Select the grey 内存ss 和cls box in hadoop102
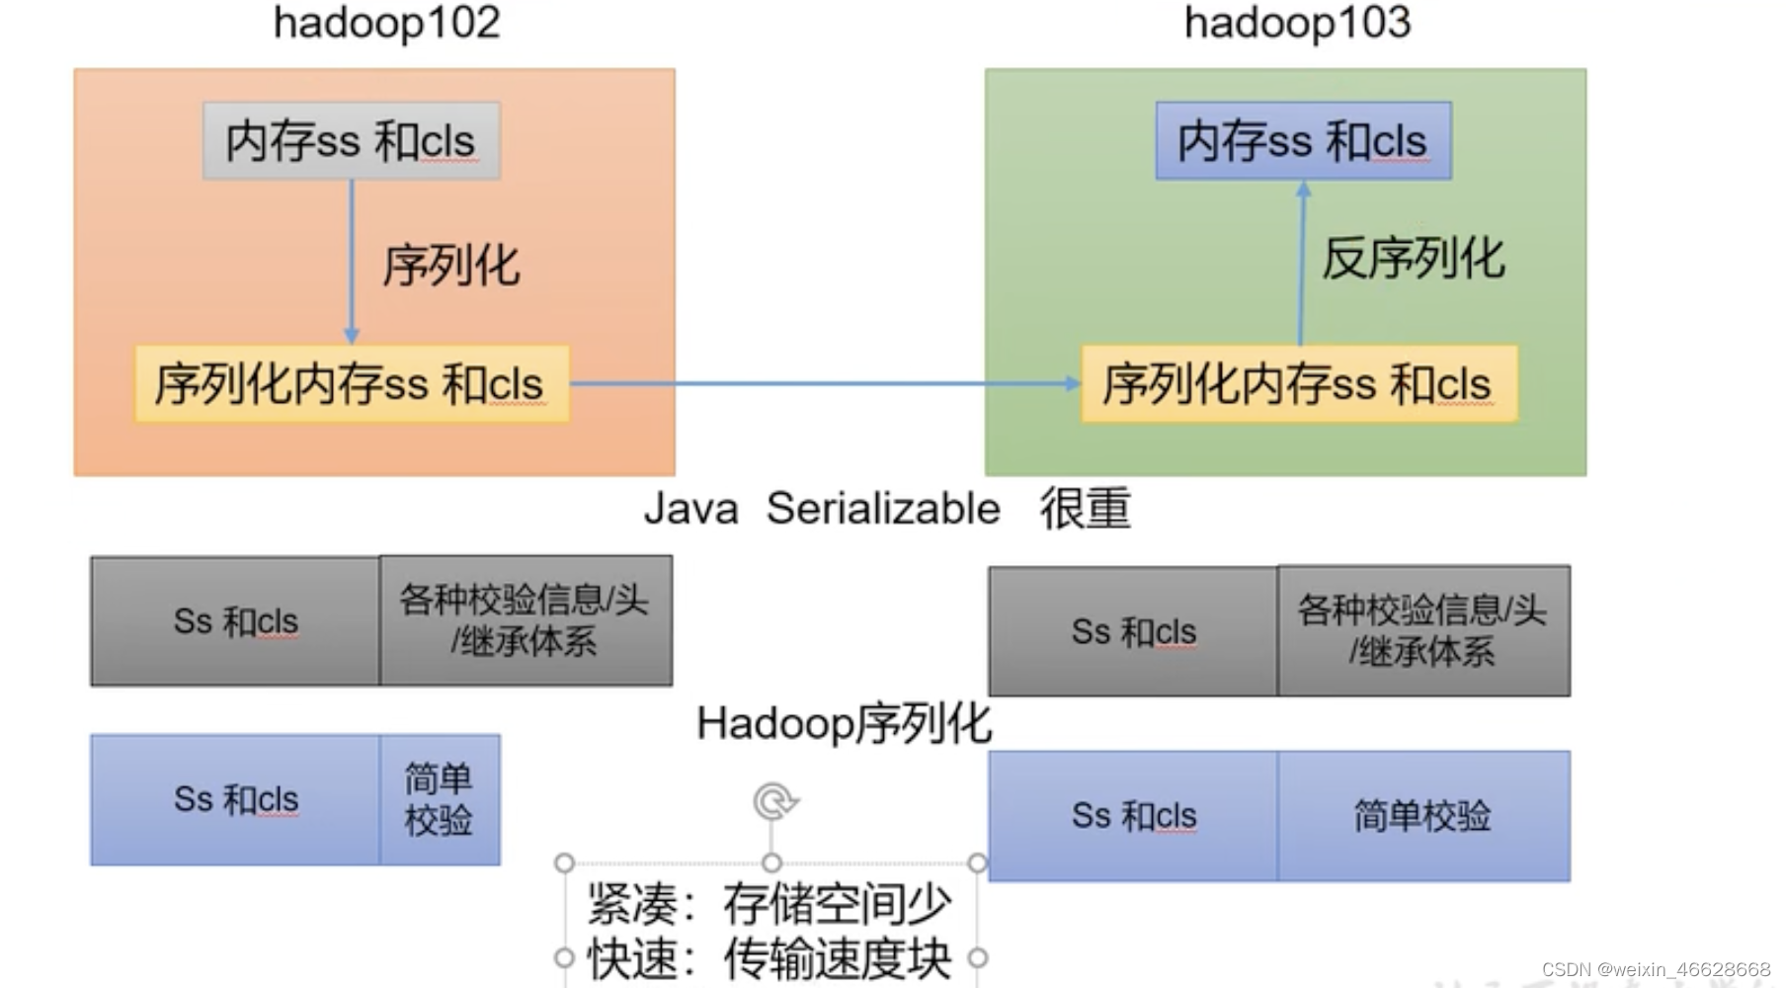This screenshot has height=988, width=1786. [x=351, y=140]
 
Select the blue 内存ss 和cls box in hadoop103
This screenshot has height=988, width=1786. [x=1303, y=140]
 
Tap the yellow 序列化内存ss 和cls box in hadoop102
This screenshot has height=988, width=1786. [x=351, y=384]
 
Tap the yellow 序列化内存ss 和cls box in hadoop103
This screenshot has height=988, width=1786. [x=1298, y=384]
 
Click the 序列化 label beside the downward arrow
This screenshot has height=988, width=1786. [x=451, y=266]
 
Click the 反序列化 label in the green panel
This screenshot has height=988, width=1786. [x=1413, y=259]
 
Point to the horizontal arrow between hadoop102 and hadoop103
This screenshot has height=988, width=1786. [x=826, y=383]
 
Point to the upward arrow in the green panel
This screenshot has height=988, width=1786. [x=1302, y=262]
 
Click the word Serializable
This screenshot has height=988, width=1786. [x=883, y=510]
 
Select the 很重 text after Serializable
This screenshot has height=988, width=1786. [x=1085, y=510]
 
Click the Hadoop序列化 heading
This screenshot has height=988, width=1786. [x=844, y=723]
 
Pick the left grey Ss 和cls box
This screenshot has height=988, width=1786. [x=235, y=621]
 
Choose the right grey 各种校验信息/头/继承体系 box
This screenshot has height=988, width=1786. [x=1422, y=631]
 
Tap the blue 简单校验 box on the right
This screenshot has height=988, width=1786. [x=1422, y=816]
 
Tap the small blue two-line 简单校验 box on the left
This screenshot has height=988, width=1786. [x=439, y=799]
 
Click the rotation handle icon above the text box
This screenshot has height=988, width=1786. [x=773, y=801]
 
